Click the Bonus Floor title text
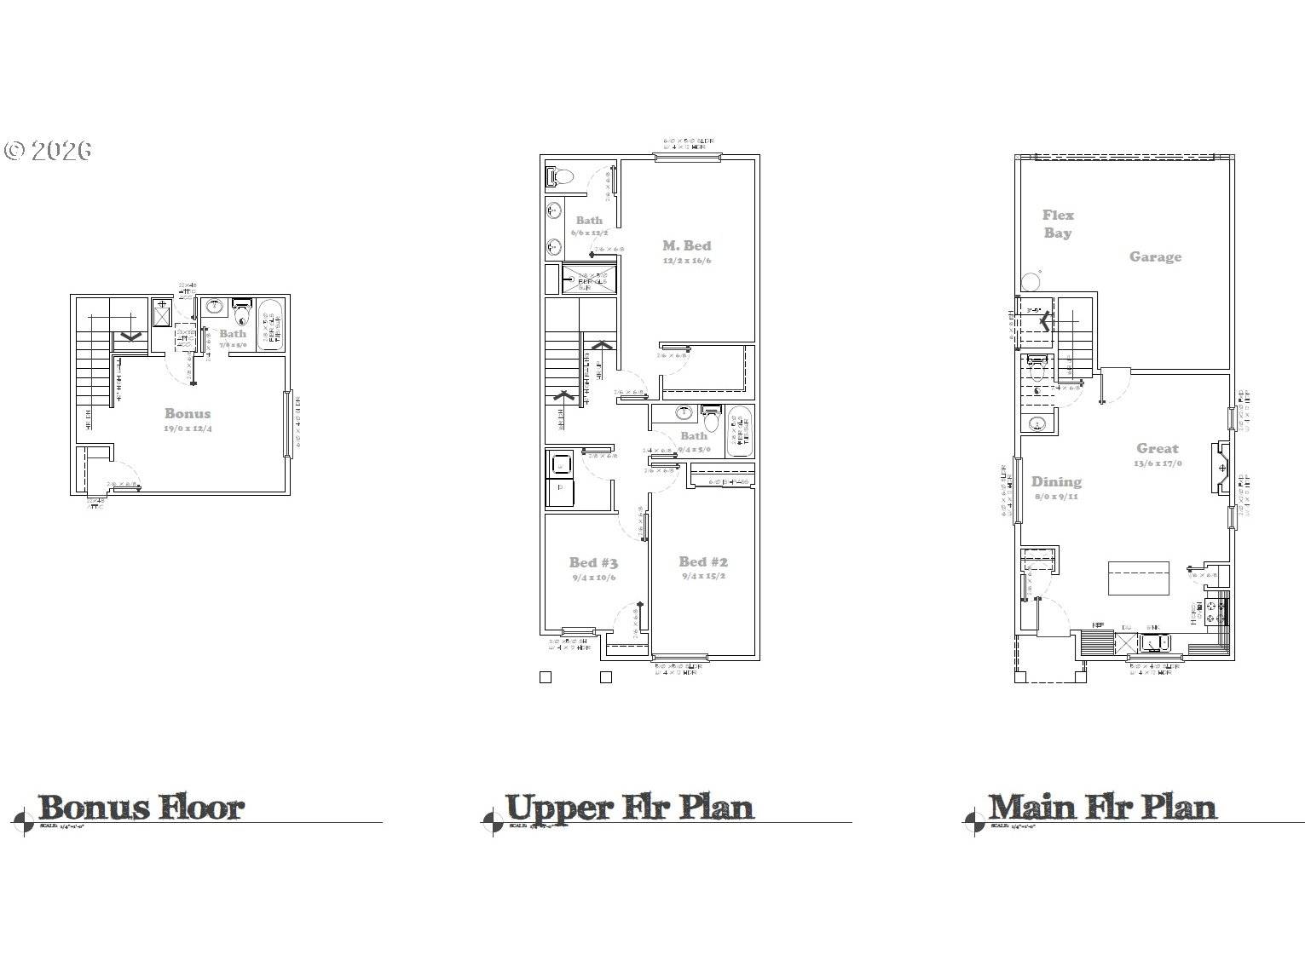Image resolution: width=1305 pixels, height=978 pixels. pos(141,807)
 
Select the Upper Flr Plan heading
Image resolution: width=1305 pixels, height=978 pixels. pos(629,807)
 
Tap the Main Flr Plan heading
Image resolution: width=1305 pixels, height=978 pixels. pos(1102,807)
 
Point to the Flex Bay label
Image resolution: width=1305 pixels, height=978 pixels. pos(1058,224)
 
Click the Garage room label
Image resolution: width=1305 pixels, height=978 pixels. pos(1155,256)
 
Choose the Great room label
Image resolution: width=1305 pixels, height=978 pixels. pos(1157,448)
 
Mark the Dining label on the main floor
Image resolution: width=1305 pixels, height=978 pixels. pos(1056,481)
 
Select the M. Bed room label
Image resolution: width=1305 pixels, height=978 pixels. pos(686,245)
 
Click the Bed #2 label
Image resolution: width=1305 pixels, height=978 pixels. pos(703,561)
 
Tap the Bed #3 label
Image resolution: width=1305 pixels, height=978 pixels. pos(593,562)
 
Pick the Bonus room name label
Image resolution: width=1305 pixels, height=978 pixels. pos(188,413)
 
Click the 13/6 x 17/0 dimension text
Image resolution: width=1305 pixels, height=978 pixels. pos(1157,464)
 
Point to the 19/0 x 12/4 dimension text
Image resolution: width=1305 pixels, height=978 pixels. pos(188,429)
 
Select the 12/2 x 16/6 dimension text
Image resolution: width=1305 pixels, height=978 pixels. pos(686,261)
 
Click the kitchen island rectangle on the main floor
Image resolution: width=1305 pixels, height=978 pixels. pos(1138,578)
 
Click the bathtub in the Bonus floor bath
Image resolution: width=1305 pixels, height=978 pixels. pos(271,325)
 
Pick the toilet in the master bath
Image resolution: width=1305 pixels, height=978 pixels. pos(560,177)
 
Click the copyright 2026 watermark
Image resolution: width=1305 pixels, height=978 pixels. pos(48,151)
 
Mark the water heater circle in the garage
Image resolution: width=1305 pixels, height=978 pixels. pos(1031,280)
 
